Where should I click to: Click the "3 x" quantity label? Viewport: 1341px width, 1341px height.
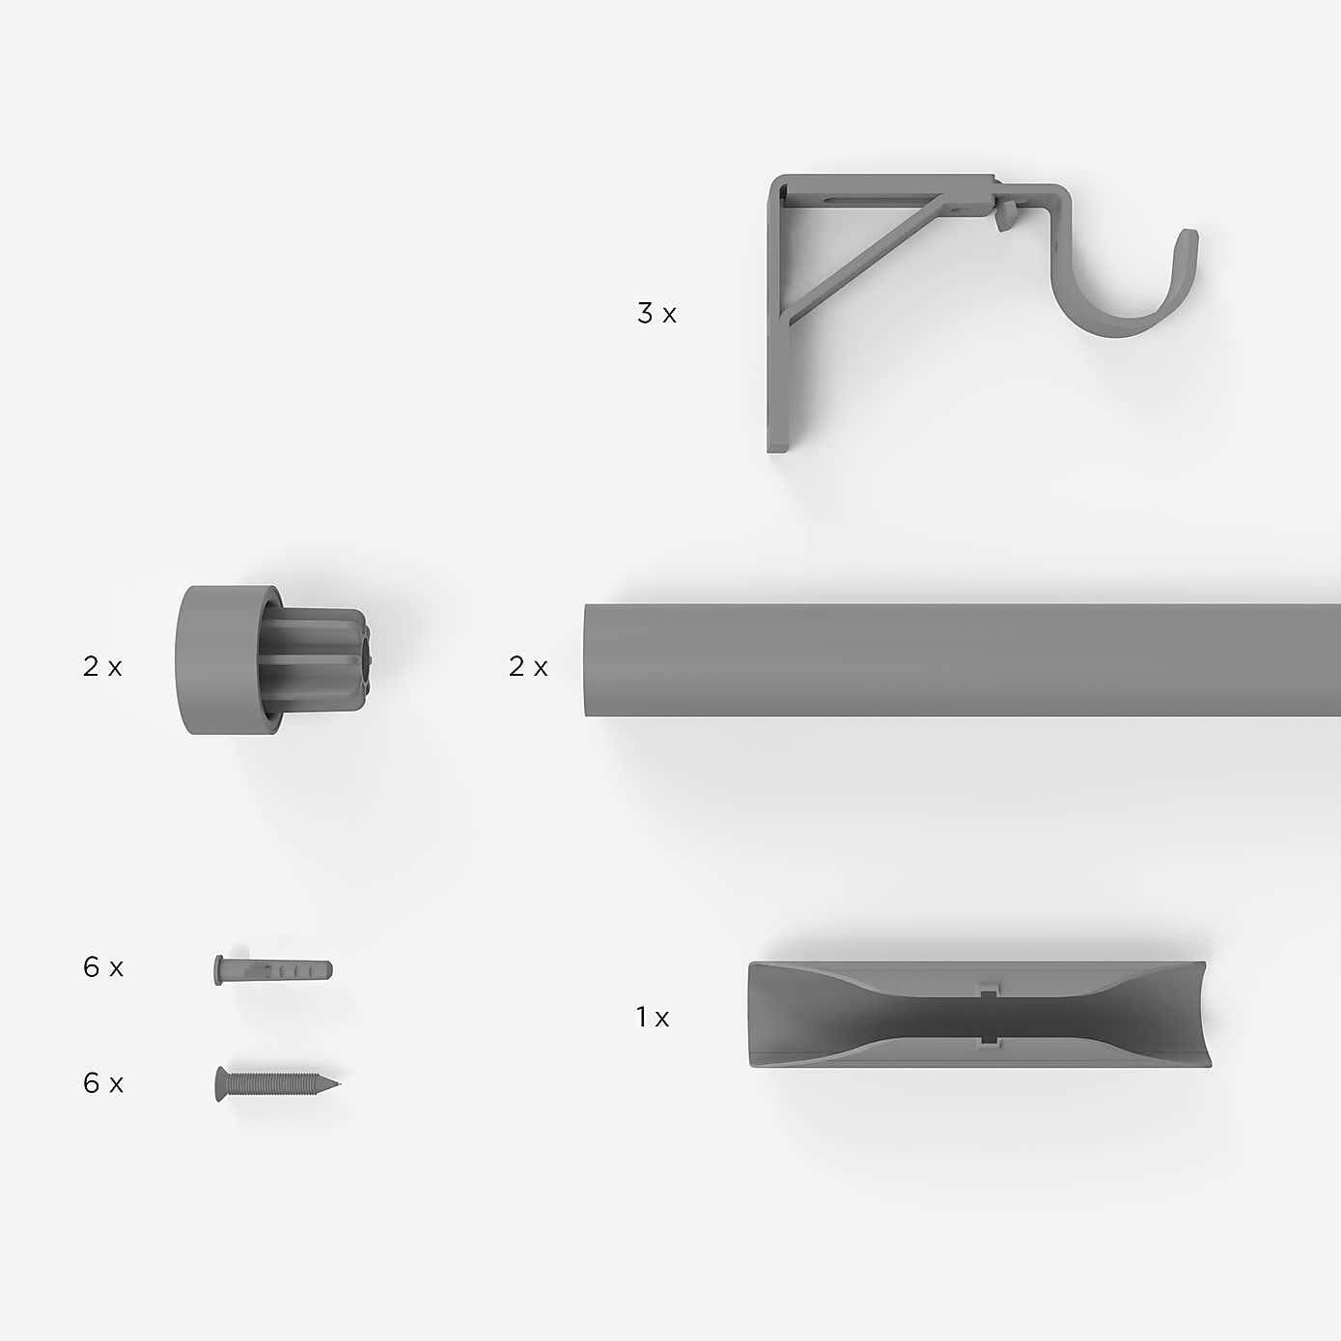(x=657, y=314)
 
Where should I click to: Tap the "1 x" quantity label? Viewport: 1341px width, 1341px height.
(x=652, y=1018)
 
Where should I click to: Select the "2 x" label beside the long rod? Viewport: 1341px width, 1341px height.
(x=527, y=667)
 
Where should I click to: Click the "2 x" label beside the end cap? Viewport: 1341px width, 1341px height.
(x=102, y=667)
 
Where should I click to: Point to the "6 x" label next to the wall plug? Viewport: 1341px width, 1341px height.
(x=102, y=967)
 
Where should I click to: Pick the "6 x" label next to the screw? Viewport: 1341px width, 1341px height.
(x=102, y=1083)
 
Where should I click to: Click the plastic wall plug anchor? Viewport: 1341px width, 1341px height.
(x=273, y=968)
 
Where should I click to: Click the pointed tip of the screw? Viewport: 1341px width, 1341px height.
(x=337, y=1082)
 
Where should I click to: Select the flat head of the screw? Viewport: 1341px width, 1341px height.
(x=220, y=1084)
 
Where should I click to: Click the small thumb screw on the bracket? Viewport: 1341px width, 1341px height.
(x=1004, y=216)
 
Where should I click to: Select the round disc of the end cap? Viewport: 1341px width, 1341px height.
(x=208, y=660)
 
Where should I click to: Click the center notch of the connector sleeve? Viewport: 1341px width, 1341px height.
(x=987, y=1015)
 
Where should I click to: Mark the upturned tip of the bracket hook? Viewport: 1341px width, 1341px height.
(x=1189, y=241)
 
